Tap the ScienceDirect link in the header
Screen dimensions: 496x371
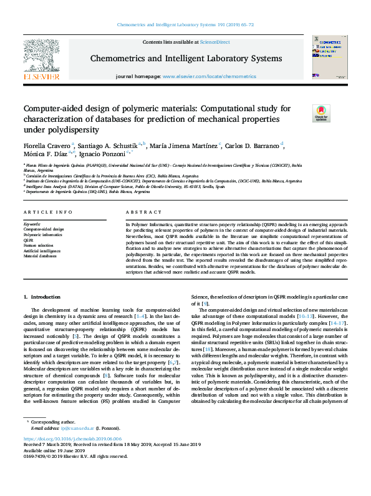point(214,42)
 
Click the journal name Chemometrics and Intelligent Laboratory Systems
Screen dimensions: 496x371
point(186,58)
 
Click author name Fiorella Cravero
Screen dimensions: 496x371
point(46,145)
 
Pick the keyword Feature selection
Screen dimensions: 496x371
point(38,246)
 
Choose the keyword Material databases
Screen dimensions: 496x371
point(39,256)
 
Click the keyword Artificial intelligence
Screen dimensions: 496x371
point(41,250)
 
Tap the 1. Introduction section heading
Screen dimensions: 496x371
point(42,297)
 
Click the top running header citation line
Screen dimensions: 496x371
point(186,25)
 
